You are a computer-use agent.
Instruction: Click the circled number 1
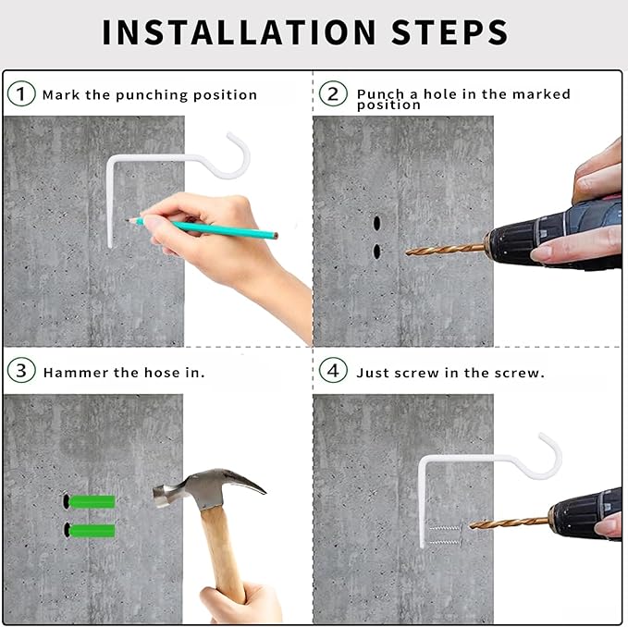[x=21, y=93]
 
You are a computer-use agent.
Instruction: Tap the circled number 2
[x=333, y=93]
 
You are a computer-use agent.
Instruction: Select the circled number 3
[x=21, y=370]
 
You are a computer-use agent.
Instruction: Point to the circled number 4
[x=333, y=370]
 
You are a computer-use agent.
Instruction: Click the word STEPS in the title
[x=449, y=32]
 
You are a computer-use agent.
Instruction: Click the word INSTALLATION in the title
[x=239, y=32]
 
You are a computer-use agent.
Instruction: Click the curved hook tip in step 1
[x=229, y=135]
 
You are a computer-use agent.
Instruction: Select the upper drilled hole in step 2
[x=376, y=223]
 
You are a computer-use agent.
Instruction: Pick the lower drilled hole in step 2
[x=376, y=251]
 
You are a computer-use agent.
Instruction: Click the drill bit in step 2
[x=445, y=250]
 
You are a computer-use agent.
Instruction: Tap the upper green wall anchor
[x=92, y=501]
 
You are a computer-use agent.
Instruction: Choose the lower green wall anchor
[x=92, y=531]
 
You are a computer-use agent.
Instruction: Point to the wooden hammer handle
[x=223, y=557]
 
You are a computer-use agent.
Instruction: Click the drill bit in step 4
[x=509, y=522]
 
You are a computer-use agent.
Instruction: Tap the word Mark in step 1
[x=61, y=95]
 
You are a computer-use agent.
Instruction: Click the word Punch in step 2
[x=380, y=94]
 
